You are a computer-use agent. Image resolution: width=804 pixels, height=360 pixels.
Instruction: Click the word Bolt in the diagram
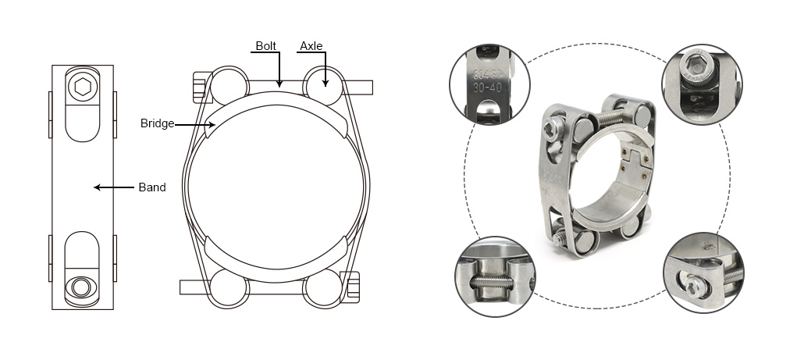[266, 46]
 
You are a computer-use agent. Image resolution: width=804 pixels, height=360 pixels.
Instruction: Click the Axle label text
[311, 46]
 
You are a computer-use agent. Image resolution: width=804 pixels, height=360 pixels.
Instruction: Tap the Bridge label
[157, 123]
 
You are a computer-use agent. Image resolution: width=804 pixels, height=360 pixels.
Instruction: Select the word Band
[152, 187]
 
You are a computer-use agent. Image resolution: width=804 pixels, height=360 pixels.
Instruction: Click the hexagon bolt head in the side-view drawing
[83, 86]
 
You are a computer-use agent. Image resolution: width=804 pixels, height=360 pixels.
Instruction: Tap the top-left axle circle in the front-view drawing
[229, 85]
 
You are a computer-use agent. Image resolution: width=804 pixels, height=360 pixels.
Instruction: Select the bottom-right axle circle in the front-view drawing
[323, 288]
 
